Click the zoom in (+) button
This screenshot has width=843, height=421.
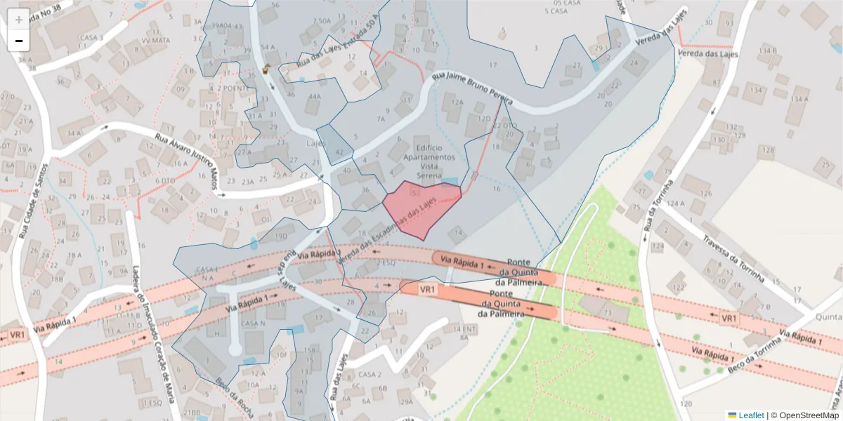pos(19,19)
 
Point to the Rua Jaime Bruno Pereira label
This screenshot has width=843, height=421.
pos(471,90)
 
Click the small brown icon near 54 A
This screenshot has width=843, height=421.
pos(266,69)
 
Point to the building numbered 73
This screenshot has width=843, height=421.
pos(606,312)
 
